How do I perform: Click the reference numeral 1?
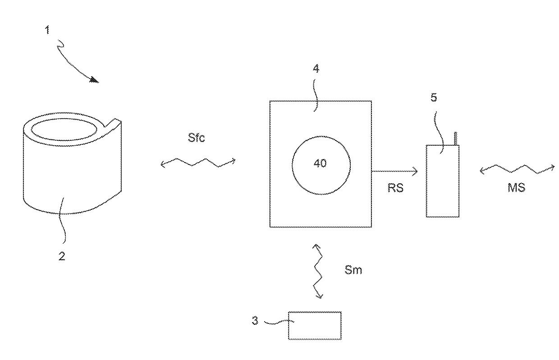pos(47,30)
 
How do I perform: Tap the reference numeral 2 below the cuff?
pos(62,256)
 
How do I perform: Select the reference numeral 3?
pos(255,321)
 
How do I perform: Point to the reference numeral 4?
pos(316,68)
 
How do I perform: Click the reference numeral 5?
pos(434,97)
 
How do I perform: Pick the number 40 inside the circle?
pos(320,163)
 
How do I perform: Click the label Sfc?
pos(197,138)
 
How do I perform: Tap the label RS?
pos(395,188)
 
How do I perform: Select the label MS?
pos(516,188)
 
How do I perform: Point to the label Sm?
pos(353,270)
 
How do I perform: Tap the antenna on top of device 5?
pos(456,138)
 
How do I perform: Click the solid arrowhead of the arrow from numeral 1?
pos(95,80)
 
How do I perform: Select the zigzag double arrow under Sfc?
pos(198,162)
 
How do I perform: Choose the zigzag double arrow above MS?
pos(517,169)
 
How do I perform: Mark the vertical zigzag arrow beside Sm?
pos(318,272)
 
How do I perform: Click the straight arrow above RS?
pos(395,171)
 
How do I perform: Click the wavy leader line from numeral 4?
pos(316,95)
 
